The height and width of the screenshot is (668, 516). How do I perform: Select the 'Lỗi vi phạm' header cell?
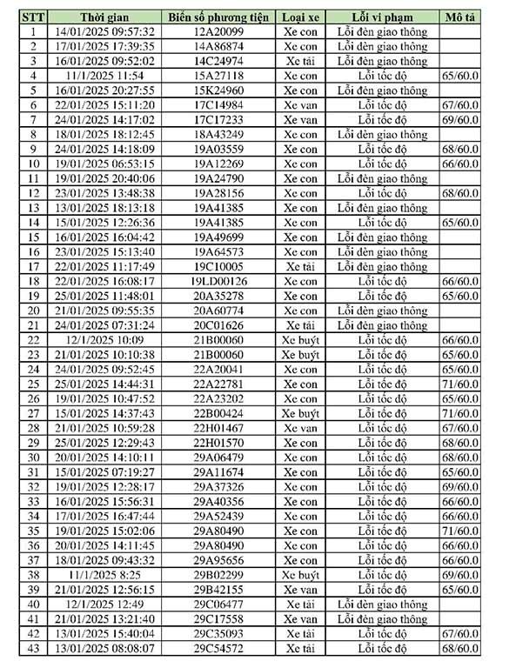click(x=380, y=17)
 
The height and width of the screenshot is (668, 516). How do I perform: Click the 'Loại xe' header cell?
click(x=301, y=17)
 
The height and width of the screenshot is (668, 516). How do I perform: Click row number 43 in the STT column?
click(x=33, y=648)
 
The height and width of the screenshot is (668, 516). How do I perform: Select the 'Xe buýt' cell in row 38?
click(x=301, y=575)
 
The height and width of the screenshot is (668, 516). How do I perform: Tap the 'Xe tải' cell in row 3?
click(x=301, y=62)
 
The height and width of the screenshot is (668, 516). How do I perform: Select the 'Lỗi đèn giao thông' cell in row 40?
click(x=380, y=604)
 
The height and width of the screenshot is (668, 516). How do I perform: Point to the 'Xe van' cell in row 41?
click(x=301, y=618)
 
